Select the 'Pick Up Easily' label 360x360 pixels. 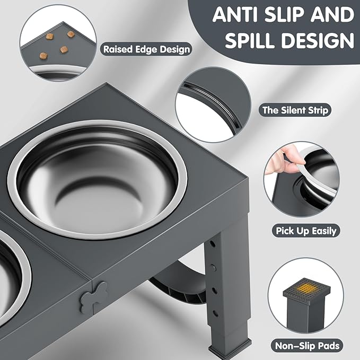coord(306,231)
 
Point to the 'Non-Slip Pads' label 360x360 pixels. coord(306,346)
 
